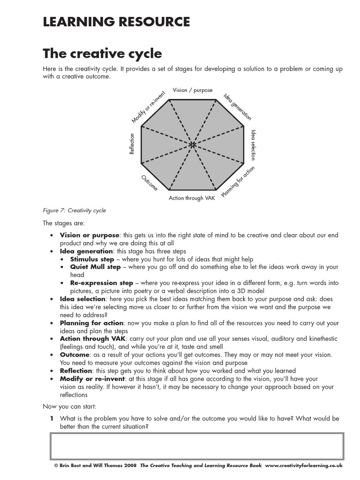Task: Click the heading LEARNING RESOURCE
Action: point(116,22)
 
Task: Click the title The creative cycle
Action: point(102,53)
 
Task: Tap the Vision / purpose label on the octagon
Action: point(193,90)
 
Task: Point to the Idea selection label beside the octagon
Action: point(254,145)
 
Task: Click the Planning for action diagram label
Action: point(238,182)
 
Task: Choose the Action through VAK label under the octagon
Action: point(192,198)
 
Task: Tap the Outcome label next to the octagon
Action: point(149,182)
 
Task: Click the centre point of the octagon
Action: point(193,145)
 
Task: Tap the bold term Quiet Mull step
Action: point(95,267)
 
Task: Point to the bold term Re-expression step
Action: point(101,283)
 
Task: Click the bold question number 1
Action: point(52,419)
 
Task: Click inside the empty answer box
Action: point(196,446)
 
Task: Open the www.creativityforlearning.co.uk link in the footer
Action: point(304,465)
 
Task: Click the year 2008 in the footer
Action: point(130,465)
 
